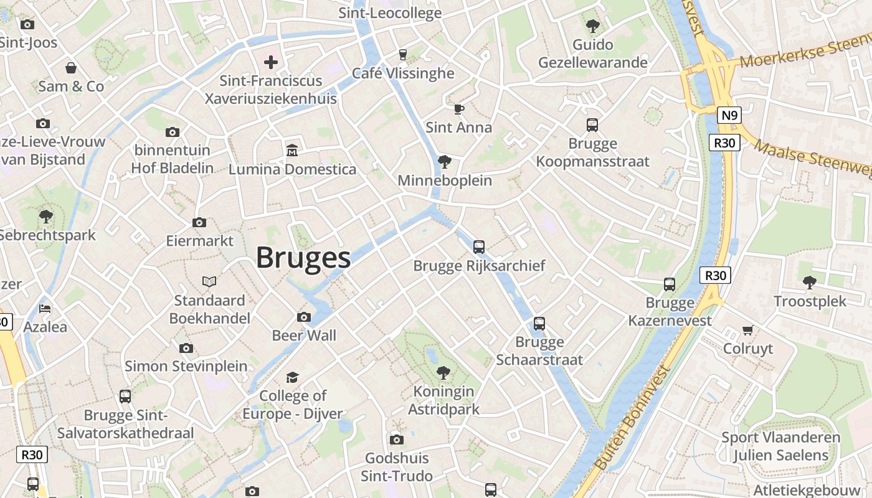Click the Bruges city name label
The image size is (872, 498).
click(303, 257)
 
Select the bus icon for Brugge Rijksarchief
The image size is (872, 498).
click(478, 247)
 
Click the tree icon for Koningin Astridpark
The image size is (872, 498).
click(443, 373)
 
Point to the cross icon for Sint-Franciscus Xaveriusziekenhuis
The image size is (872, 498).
click(271, 62)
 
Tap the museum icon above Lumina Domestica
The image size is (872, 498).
click(291, 150)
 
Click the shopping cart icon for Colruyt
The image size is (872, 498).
click(747, 329)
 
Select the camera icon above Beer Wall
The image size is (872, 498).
click(304, 317)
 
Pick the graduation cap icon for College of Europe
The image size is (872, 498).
click(292, 377)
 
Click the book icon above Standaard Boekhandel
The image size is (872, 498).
click(209, 281)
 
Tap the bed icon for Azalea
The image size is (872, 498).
click(45, 308)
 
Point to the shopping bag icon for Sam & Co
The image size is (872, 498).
click(71, 67)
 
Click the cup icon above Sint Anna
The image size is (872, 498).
click(458, 109)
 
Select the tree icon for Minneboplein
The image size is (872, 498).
click(444, 162)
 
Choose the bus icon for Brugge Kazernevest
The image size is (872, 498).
click(670, 284)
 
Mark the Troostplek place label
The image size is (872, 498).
click(810, 301)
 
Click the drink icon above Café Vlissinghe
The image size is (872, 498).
click(403, 54)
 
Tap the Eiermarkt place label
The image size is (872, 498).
click(199, 240)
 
